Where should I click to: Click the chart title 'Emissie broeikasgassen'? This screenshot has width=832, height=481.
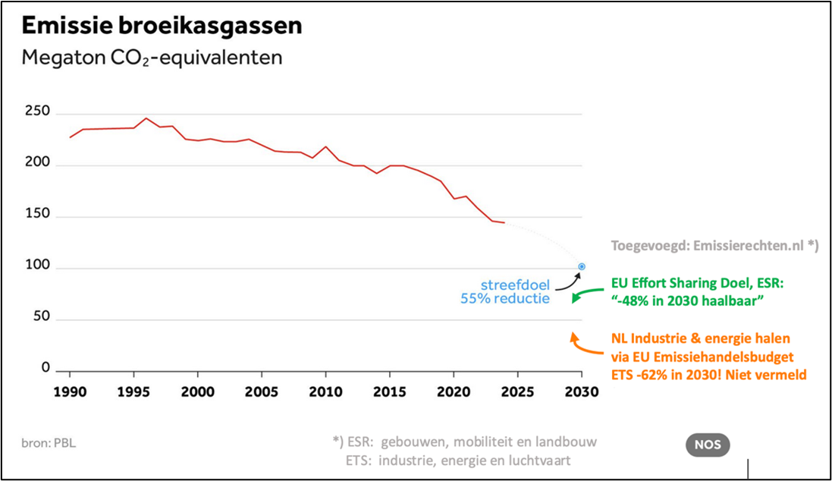[162, 25]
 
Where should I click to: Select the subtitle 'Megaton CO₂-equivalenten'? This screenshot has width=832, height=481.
[152, 58]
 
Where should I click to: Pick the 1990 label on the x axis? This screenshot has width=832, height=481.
[70, 392]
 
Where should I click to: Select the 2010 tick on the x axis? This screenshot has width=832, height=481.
[325, 392]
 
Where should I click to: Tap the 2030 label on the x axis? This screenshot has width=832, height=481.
[581, 392]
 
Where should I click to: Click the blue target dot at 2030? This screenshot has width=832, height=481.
[582, 266]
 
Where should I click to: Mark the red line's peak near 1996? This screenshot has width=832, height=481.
[146, 118]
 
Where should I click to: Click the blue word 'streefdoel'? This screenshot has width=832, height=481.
[515, 285]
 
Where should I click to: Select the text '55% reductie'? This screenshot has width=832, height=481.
[505, 299]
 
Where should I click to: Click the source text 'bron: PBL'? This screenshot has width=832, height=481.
[49, 443]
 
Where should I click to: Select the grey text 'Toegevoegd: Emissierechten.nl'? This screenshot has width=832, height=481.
[711, 246]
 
